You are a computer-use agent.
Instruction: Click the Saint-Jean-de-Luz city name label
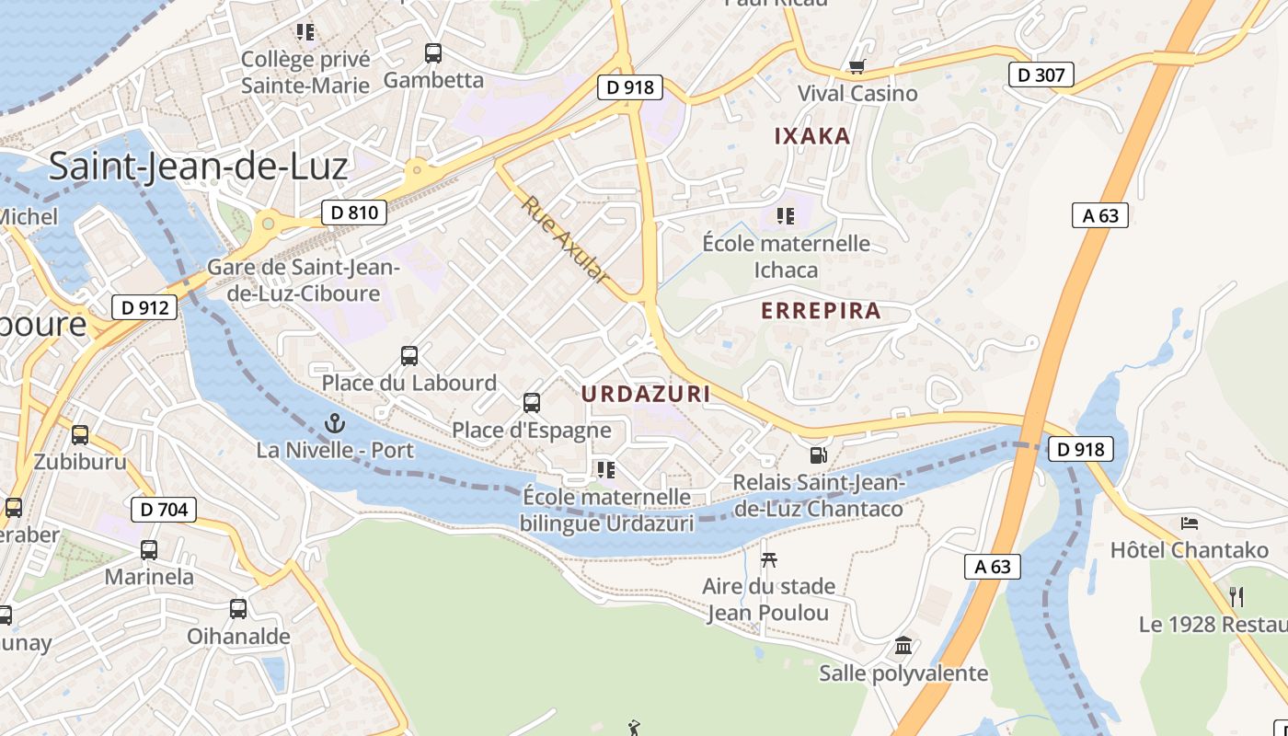(198, 167)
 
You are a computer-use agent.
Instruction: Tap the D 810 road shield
(354, 213)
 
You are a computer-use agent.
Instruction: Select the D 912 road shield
(144, 307)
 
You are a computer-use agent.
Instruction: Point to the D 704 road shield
(165, 509)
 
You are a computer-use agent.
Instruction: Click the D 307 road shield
(1041, 75)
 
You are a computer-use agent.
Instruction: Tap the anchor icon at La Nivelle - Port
(335, 424)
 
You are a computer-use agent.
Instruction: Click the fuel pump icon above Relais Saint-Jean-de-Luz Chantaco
(817, 454)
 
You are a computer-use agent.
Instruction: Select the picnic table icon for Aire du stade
(769, 558)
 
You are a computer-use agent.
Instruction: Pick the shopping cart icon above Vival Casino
(857, 66)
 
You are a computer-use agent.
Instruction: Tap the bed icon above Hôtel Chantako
(1190, 523)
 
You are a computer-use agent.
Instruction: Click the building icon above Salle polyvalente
(903, 645)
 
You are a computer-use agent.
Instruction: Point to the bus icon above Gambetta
(432, 53)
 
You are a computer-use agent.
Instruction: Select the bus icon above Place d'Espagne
(531, 402)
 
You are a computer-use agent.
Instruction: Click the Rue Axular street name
(566, 239)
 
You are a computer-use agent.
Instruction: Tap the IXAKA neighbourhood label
(812, 136)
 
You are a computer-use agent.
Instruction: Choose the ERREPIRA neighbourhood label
(821, 311)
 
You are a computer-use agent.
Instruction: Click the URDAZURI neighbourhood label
(646, 394)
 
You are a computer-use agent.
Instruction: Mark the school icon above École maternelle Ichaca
(786, 216)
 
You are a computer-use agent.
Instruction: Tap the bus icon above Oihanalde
(237, 608)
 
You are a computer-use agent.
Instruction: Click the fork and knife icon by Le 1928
(1236, 597)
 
